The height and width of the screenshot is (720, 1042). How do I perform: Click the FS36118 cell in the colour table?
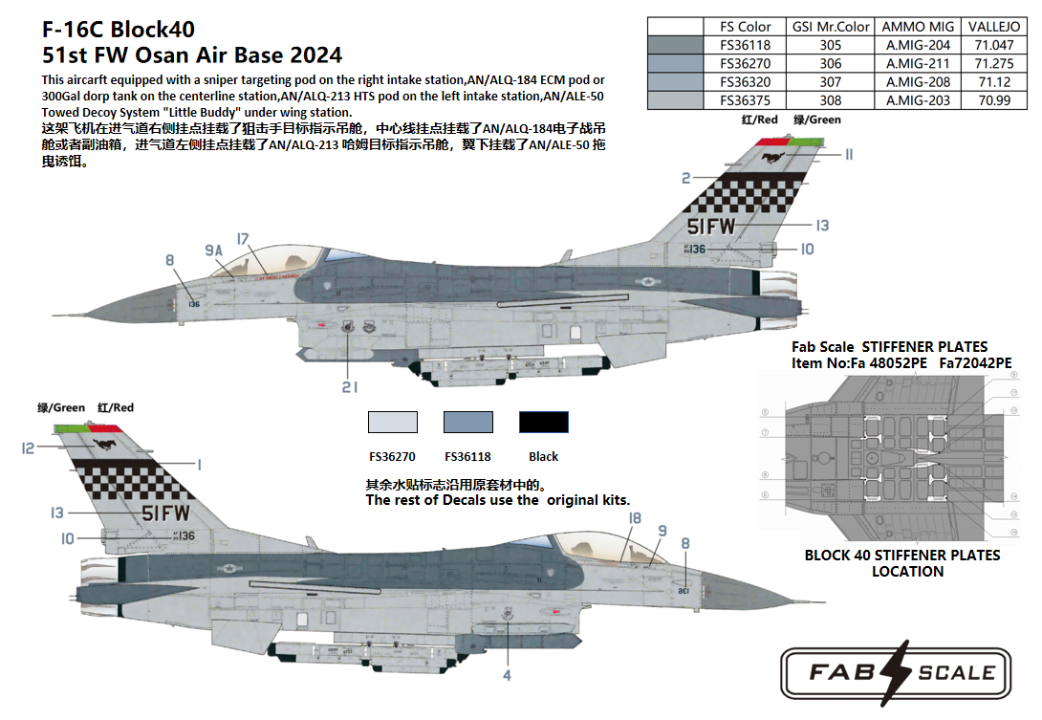coord(745,45)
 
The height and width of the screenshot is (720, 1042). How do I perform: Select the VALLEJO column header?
coord(993,27)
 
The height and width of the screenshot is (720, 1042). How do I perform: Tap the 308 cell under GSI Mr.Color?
coord(831,100)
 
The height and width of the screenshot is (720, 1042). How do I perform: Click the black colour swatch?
coord(543,422)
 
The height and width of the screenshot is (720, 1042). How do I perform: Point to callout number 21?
coord(350,386)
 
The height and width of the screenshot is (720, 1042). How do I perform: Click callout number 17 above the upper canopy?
coord(243,239)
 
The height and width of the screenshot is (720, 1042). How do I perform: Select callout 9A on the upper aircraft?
coord(213,251)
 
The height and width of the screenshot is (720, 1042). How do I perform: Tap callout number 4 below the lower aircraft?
coord(507,675)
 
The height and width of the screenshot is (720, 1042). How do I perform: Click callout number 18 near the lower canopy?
coord(635,518)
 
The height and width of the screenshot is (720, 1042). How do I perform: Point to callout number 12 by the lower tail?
coord(28,447)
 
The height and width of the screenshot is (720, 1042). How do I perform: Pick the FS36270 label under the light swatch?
coord(392,456)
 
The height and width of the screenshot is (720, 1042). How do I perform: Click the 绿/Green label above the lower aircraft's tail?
coord(61,407)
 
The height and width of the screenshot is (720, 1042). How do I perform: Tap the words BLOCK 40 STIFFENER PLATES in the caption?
coord(902,555)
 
